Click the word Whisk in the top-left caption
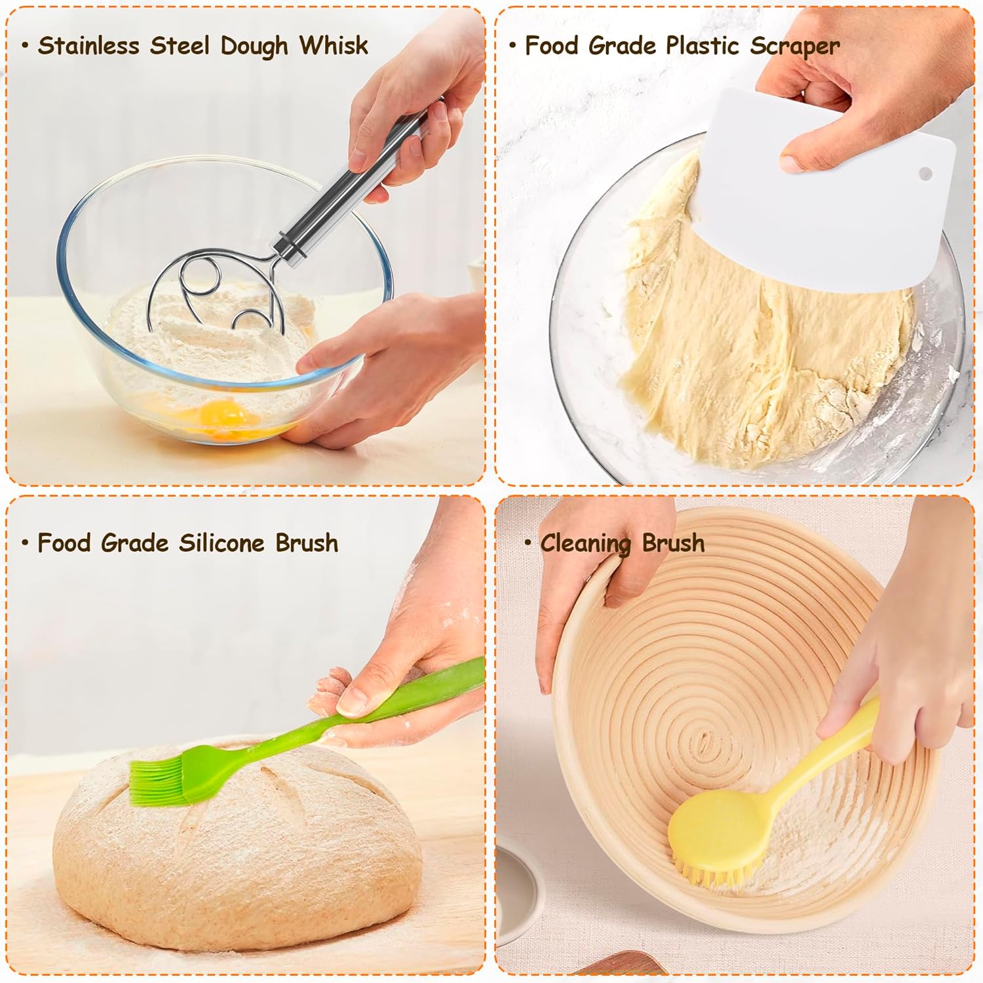(334, 46)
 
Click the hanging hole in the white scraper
(925, 174)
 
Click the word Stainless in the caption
(88, 46)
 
